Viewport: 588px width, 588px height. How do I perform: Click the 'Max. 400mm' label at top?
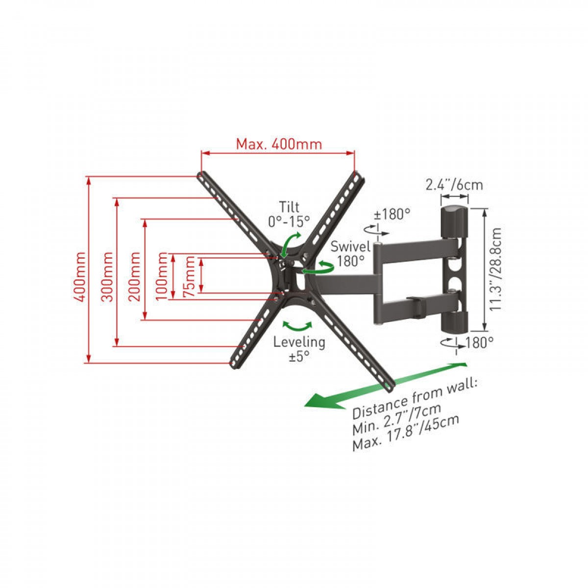[x=279, y=144]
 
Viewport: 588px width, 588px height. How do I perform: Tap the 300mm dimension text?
[x=107, y=276]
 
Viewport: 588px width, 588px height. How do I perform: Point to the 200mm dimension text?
[x=134, y=276]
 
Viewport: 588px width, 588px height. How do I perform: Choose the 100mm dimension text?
[x=161, y=276]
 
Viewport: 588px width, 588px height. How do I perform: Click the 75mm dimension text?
[x=189, y=276]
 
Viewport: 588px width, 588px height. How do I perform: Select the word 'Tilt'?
[x=289, y=207]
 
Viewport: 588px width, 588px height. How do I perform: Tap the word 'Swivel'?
[x=350, y=246]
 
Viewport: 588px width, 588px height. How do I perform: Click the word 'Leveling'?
[x=299, y=342]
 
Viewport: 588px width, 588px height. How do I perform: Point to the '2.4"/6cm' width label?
[x=454, y=185]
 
